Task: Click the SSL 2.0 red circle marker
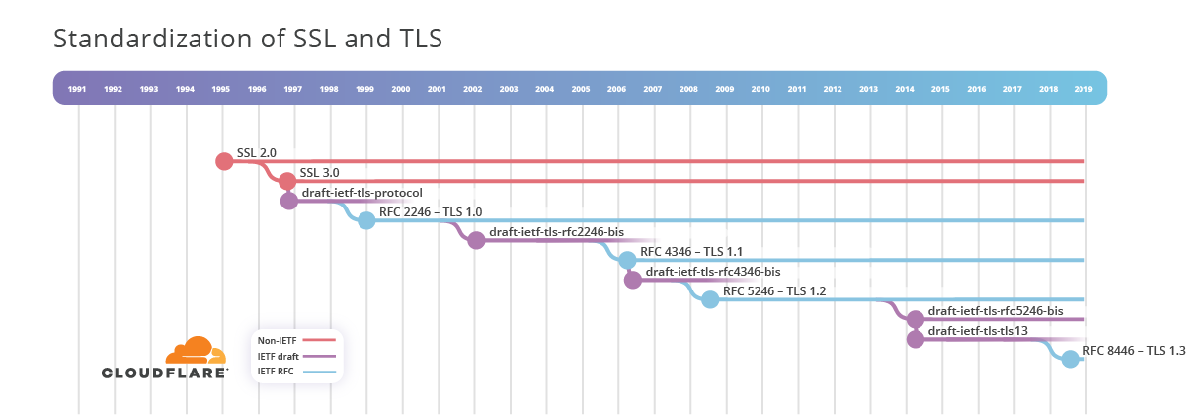[x=224, y=161]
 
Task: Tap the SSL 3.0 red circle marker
[x=286, y=181]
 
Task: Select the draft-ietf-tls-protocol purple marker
[x=288, y=201]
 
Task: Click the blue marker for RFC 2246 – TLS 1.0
[x=366, y=220]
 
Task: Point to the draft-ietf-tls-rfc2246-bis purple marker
[x=476, y=240]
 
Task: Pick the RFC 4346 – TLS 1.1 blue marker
[x=627, y=260]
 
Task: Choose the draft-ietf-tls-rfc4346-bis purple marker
[x=633, y=280]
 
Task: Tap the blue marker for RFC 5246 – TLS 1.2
[x=710, y=299]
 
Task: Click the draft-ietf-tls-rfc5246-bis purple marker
[x=916, y=319]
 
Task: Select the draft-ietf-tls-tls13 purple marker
[x=916, y=339]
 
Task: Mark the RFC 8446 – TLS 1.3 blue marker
[x=1070, y=359]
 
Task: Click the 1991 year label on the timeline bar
[x=77, y=89]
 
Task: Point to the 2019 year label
[x=1084, y=89]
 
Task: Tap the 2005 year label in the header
[x=581, y=89]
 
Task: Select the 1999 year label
[x=364, y=89]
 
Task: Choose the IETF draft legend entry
[x=295, y=356]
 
